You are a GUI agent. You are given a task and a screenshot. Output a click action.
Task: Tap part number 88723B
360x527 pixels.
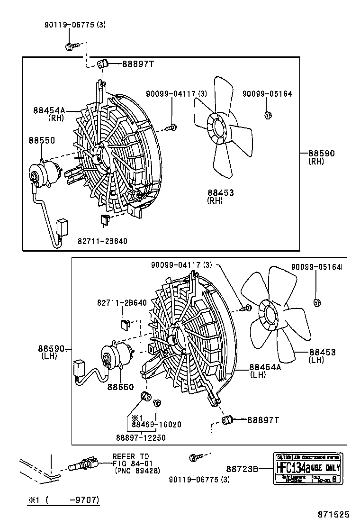click(242, 469)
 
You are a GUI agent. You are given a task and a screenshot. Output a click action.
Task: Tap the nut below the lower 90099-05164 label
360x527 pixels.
click(317, 302)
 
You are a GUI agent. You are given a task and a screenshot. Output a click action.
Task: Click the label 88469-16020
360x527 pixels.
click(156, 425)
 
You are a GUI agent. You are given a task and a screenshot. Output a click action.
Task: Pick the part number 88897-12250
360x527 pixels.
click(141, 437)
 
